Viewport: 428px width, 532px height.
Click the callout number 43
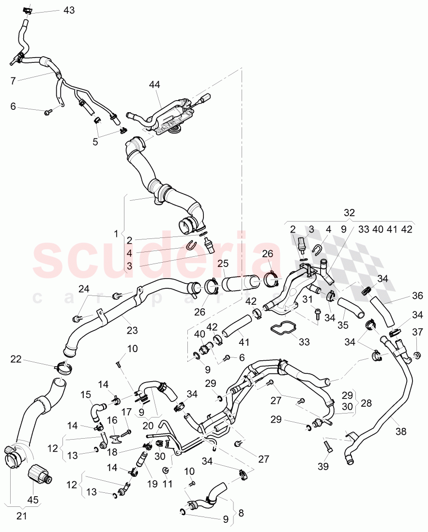tap(69, 10)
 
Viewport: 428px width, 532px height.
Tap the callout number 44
tap(154, 85)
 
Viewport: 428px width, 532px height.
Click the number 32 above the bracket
tap(349, 213)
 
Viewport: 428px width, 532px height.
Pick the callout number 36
tap(418, 296)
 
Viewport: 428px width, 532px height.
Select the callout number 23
tap(132, 331)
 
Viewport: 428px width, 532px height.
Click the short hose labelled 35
tap(352, 308)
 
